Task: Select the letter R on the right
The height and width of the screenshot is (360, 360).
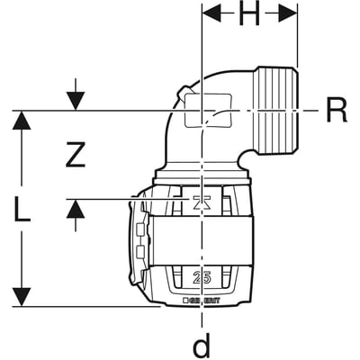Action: pyautogui.click(x=336, y=112)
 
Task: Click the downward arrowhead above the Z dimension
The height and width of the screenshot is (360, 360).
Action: pyautogui.click(x=76, y=101)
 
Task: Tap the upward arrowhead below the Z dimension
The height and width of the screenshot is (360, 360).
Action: pyautogui.click(x=76, y=210)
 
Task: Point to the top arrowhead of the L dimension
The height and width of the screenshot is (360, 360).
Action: pyautogui.click(x=22, y=121)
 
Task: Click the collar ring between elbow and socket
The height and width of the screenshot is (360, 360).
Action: pyautogui.click(x=207, y=173)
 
